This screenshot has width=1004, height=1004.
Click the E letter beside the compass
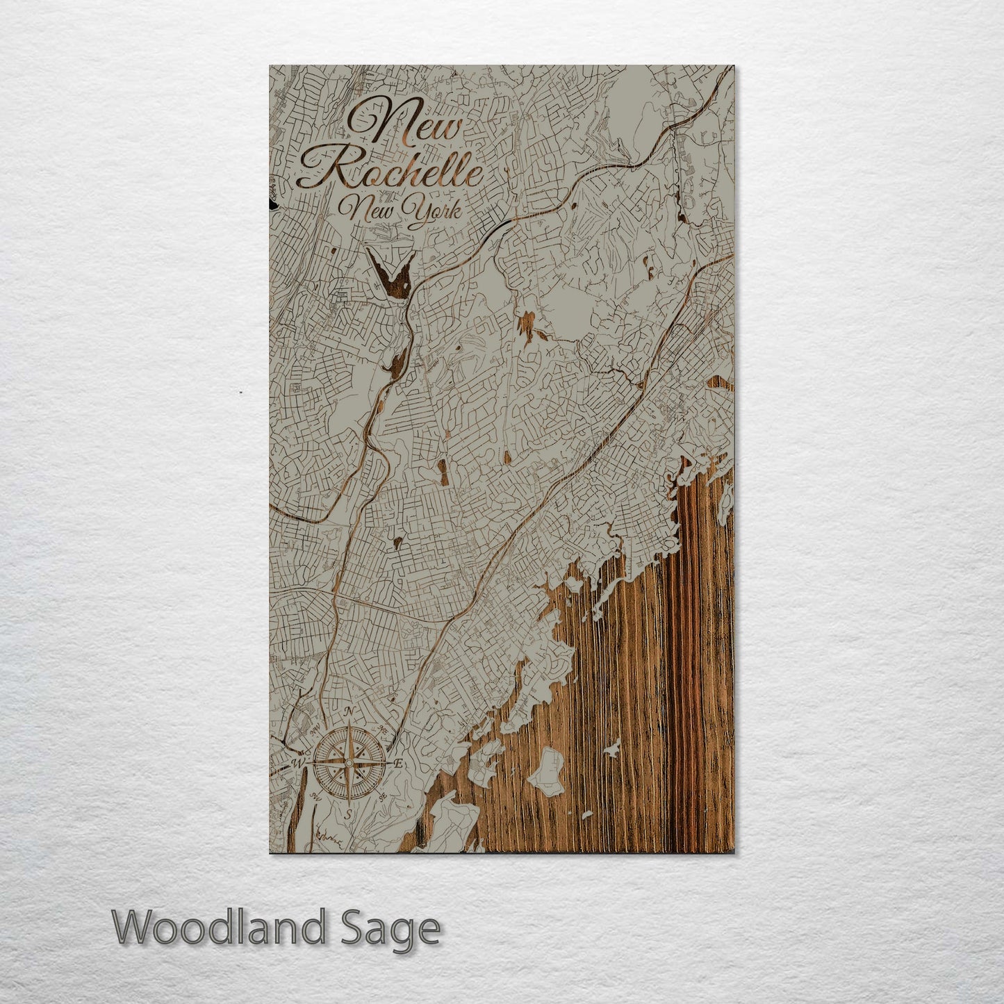coord(398,764)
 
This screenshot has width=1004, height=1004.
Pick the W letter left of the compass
coord(299,764)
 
